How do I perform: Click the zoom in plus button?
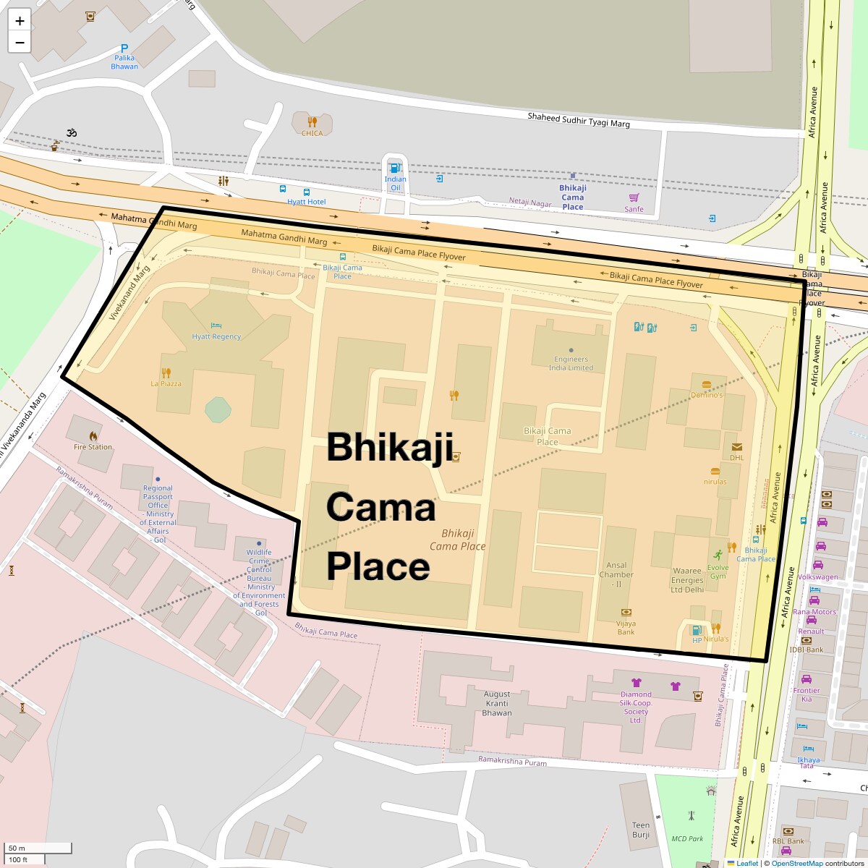(20, 20)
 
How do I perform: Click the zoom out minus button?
(20, 42)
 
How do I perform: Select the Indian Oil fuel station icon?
(395, 168)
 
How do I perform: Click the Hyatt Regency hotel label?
(216, 336)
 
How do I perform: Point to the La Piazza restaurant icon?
(166, 373)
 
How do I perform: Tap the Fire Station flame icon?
(93, 436)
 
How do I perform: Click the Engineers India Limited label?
(571, 363)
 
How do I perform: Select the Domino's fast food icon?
(706, 384)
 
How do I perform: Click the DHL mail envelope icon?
(736, 447)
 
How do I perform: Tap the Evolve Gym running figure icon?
(718, 556)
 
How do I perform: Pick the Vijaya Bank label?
(626, 627)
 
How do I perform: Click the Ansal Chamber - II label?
(616, 574)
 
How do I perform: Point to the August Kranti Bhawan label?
(497, 703)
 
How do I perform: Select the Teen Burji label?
(641, 830)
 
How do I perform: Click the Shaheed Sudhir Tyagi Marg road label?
(579, 120)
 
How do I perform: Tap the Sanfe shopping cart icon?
(634, 197)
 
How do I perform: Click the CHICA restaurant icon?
(312, 122)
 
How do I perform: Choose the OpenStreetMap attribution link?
(796, 863)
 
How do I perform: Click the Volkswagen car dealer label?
(817, 577)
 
